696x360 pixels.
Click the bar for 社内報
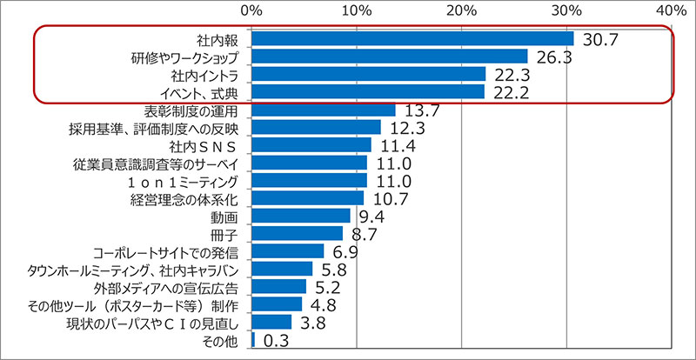[412, 39]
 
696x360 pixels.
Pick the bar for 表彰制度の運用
[323, 110]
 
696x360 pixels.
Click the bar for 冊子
[297, 233]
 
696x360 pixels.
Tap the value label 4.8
[324, 306]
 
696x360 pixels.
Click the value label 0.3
[277, 341]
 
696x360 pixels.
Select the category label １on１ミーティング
[182, 181]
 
